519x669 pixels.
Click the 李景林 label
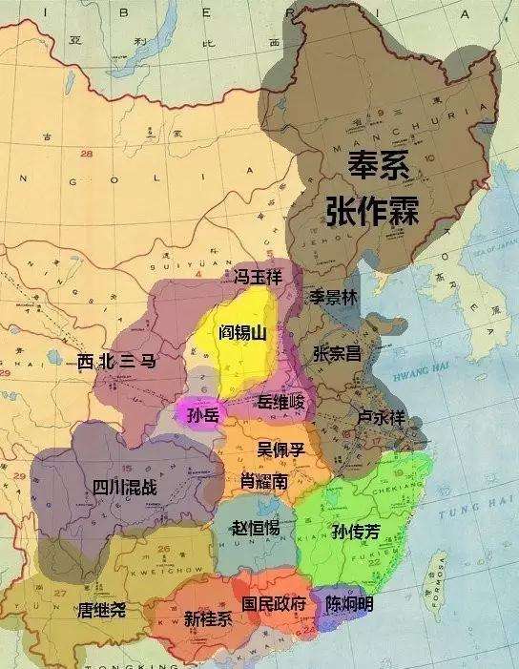pos(331,296)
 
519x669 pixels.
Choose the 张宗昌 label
pos(337,353)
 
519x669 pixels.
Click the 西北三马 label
pos(115,361)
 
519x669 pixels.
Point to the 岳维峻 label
pos(280,404)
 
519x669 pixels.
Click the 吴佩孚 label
pos(280,448)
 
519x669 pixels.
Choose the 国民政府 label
pos(275,604)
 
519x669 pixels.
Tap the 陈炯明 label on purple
pos(349,604)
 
